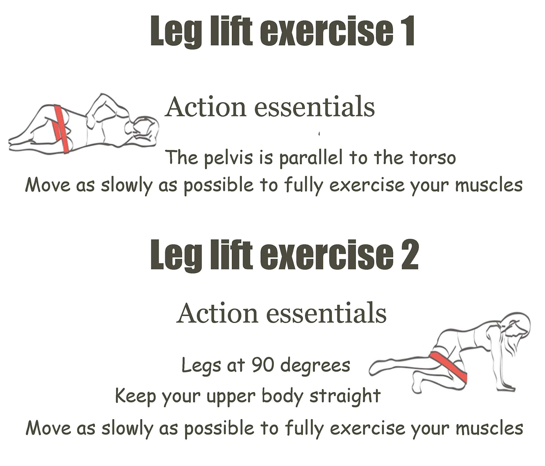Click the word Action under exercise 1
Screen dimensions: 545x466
coord(205,107)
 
